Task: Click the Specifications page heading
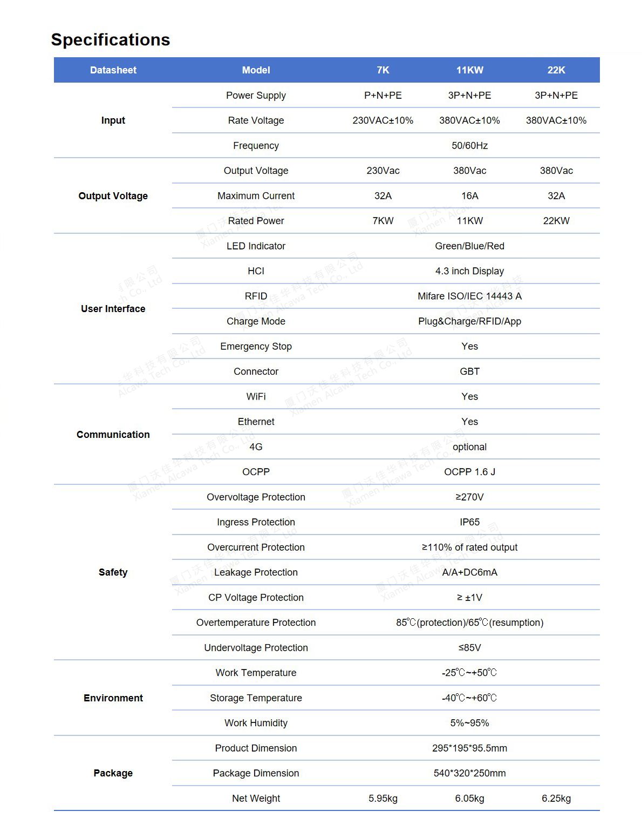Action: coord(110,39)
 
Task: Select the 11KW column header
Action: coord(469,70)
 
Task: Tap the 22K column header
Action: coord(556,70)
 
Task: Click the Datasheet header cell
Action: coord(113,70)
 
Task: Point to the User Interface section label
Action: coord(113,309)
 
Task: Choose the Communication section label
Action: coord(113,435)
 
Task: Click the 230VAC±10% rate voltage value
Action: coord(383,120)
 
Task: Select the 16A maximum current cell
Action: coord(469,196)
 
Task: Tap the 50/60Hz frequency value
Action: coord(469,146)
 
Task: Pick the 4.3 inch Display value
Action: coord(469,271)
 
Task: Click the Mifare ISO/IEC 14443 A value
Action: coord(469,296)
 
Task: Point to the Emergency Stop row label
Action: coord(256,347)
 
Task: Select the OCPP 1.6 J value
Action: coord(469,472)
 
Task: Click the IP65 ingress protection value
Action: coord(469,522)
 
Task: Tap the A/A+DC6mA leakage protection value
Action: coord(469,572)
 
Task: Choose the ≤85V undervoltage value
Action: coord(469,648)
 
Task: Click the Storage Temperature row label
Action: coord(256,698)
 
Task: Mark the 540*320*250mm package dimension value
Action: coord(469,773)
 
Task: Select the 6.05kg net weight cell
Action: coord(469,799)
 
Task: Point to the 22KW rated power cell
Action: coord(556,221)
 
